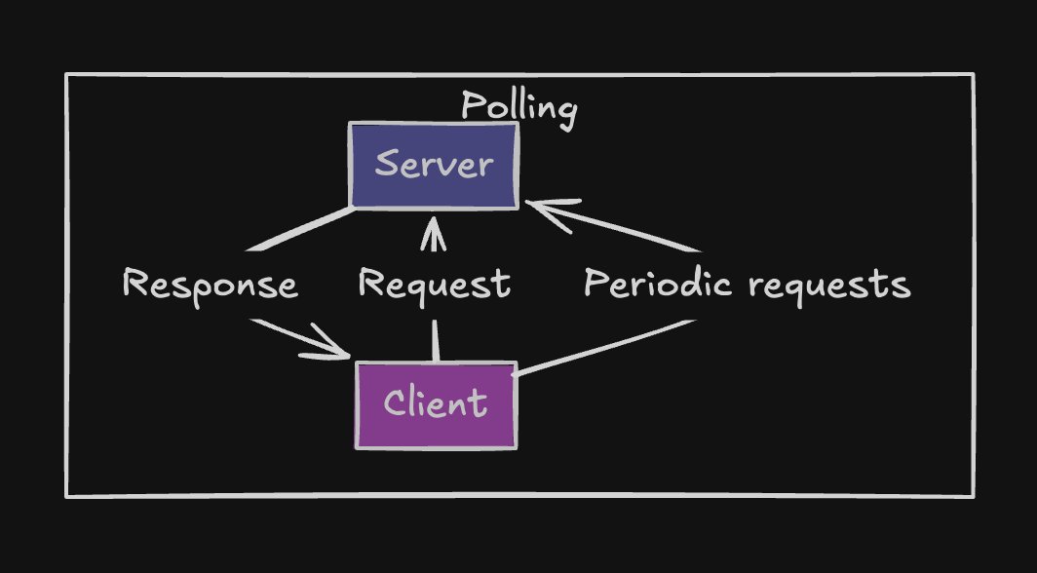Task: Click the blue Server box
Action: [434, 166]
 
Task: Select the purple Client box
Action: [436, 405]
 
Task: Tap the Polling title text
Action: [518, 107]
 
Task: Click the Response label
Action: [210, 286]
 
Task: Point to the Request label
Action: [434, 286]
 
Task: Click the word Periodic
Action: [658, 285]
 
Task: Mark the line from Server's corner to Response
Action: [302, 228]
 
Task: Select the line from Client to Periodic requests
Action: [604, 347]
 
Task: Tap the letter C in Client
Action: [395, 403]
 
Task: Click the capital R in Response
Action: [135, 285]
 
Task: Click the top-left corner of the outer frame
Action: [67, 75]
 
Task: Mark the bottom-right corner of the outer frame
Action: [973, 496]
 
